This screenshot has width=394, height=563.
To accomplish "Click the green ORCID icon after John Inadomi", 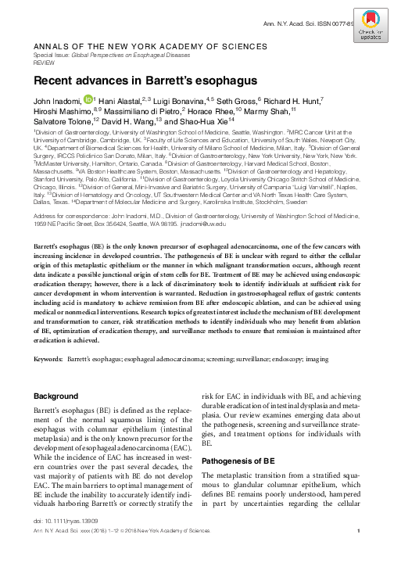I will (88, 99).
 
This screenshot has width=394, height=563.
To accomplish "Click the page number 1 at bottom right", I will (357, 554).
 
